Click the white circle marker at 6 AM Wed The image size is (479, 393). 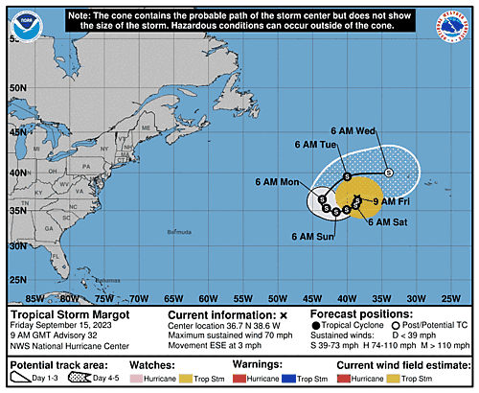pos(389,173)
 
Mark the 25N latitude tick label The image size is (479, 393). pos(14,280)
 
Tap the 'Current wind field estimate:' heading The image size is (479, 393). pos(400,364)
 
